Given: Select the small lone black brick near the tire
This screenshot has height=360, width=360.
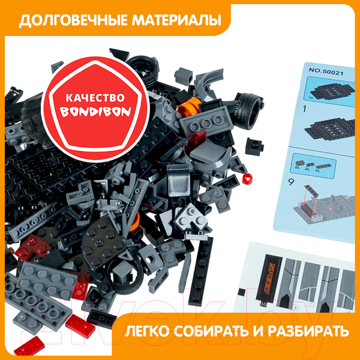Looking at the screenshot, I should [254, 147].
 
